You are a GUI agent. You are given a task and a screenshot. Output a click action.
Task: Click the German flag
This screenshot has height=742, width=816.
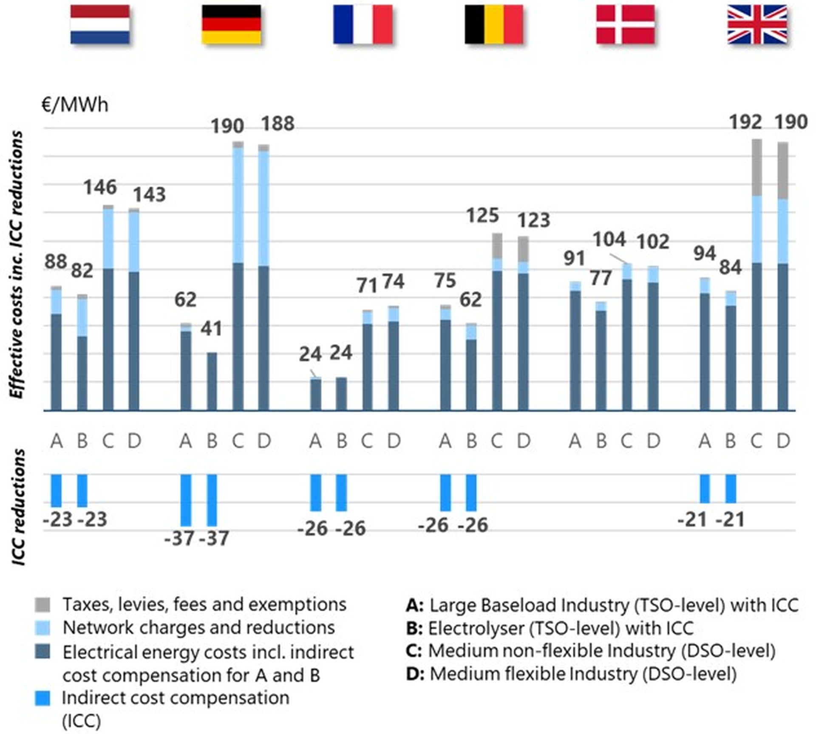[231, 24]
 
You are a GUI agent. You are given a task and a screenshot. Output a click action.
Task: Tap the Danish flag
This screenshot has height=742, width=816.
[625, 24]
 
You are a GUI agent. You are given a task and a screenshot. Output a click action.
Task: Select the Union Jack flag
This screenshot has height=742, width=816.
[756, 24]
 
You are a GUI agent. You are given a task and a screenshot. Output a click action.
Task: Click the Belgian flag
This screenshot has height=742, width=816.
[493, 24]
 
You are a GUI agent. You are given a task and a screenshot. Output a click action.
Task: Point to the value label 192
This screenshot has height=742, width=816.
[745, 123]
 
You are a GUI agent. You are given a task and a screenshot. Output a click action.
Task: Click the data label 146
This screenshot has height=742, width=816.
[99, 187]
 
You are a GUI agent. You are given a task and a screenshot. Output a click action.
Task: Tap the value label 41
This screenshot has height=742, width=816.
[211, 329]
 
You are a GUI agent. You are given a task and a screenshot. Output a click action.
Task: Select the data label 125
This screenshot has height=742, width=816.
[482, 216]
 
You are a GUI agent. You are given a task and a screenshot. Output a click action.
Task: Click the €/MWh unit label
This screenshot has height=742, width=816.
[75, 105]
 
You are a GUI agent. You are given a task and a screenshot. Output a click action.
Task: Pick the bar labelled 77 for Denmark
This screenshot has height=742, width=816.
[601, 357]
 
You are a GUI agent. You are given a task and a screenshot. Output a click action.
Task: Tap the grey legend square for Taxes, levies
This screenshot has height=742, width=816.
[42, 604]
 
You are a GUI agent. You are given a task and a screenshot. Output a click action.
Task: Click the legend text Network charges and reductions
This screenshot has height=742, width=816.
[198, 628]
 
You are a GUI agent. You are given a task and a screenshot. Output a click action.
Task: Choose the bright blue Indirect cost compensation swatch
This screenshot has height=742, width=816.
[42, 698]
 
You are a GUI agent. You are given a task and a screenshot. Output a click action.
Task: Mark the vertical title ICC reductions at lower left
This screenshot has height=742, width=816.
[18, 508]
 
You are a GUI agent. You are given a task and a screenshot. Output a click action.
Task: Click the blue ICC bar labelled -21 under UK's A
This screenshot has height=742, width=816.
[704, 488]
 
